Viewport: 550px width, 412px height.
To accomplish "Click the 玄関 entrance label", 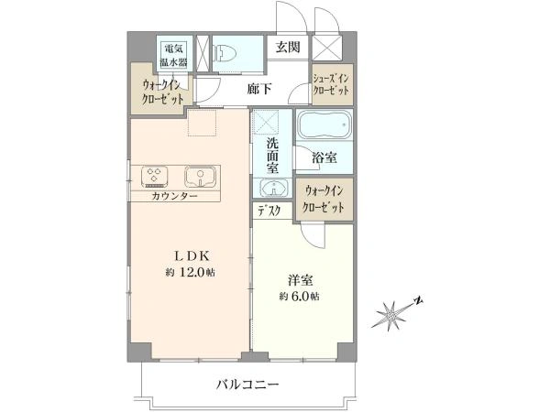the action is [288, 47].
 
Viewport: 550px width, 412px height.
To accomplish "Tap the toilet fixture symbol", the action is [225, 52].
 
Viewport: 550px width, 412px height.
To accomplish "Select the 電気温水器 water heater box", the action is [173, 55].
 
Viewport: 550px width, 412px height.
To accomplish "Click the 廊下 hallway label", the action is [258, 89].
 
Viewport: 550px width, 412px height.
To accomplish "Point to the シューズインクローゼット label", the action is [332, 84].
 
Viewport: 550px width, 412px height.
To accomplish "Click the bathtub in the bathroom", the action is [324, 125].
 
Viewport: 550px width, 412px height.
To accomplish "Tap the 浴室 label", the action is [324, 158].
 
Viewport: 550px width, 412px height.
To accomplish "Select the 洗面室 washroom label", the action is [272, 156].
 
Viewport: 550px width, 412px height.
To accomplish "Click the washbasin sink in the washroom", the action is [274, 189].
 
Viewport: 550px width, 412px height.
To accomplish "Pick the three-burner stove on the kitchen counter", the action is [155, 176].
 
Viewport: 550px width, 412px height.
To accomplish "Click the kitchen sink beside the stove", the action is [200, 176].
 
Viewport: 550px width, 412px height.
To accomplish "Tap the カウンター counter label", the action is [174, 196].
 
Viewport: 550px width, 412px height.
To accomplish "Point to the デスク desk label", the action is [269, 211].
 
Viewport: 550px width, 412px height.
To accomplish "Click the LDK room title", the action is [192, 256].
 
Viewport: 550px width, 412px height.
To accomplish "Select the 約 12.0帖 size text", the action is [191, 273].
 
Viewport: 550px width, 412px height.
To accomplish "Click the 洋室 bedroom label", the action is [301, 280].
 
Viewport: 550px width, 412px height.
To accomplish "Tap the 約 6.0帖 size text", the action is [299, 297].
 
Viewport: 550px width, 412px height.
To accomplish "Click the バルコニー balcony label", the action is [247, 385].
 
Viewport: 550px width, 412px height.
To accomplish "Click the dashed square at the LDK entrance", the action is [202, 123].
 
